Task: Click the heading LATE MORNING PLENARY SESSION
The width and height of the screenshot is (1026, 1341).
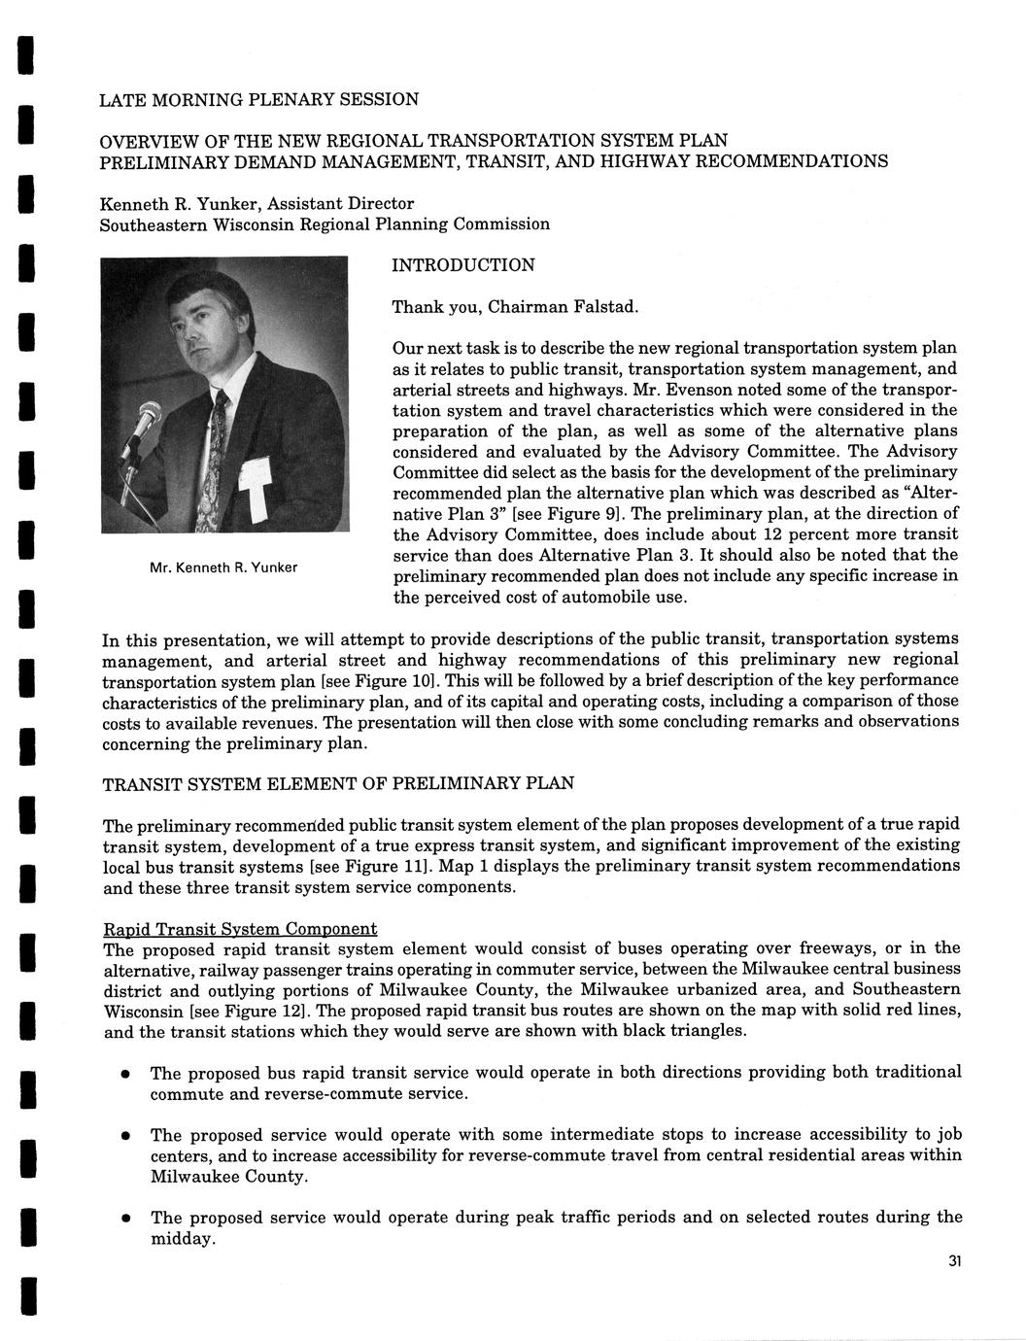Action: [x=259, y=99]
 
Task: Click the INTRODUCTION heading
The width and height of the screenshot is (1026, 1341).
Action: [x=462, y=265]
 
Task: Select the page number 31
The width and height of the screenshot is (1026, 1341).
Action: [x=953, y=1261]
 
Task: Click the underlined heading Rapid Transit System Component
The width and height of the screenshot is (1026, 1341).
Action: [x=240, y=929]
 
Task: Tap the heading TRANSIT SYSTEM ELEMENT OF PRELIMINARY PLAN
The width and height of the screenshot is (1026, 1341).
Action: [x=338, y=783]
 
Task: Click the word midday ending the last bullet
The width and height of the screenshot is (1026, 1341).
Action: [x=182, y=1239]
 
